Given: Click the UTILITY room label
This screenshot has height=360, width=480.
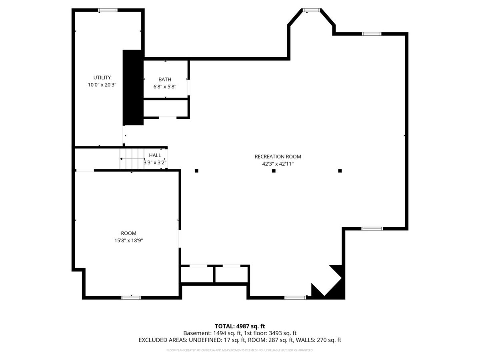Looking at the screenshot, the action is (102, 77).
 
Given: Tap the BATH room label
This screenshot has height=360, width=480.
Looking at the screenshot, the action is (165, 79).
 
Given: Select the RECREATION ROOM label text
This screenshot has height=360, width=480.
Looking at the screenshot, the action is (278, 156).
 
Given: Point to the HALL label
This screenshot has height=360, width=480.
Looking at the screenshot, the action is (155, 155).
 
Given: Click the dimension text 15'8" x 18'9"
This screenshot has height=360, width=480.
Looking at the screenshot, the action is (128, 240).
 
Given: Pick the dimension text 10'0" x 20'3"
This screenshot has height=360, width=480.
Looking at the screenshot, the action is (102, 85).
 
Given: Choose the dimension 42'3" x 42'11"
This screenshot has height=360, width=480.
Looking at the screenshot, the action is (278, 164).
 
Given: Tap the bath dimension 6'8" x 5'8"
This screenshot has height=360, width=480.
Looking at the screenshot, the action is (165, 86).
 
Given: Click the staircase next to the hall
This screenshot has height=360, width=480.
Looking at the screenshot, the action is (132, 159).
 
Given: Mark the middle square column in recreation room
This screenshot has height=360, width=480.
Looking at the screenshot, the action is (274, 171).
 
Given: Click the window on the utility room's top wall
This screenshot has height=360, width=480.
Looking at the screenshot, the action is (108, 10).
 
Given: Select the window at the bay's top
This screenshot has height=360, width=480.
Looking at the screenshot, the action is (311, 10).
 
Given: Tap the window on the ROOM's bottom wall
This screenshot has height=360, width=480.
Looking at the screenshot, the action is (131, 298).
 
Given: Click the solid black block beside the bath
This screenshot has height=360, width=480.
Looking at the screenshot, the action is (133, 88).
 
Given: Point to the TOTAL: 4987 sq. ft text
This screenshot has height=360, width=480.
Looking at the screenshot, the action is (240, 326).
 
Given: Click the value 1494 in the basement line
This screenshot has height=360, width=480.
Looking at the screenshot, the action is (219, 333).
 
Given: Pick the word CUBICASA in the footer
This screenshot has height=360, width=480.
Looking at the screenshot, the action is (208, 350).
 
